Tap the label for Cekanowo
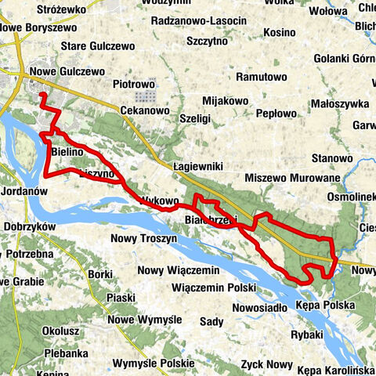(145, 111)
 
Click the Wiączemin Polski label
(211, 287)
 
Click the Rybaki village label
(301, 334)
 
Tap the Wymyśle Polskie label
(152, 363)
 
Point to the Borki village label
(100, 274)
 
